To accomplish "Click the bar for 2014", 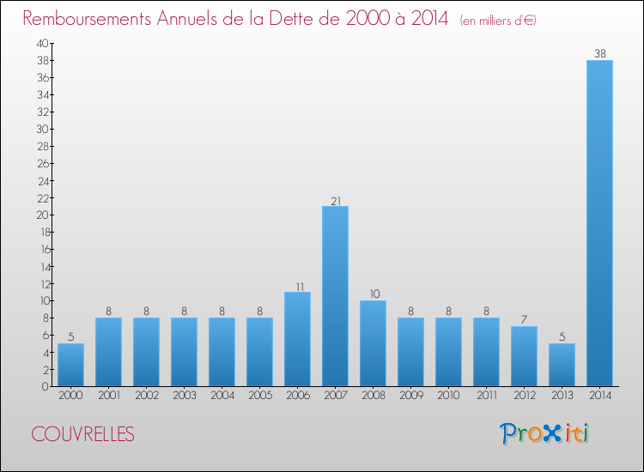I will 599,223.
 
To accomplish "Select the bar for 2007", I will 335,296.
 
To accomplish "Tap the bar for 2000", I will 70,365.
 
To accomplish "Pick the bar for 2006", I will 297,339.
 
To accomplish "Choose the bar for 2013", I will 562,365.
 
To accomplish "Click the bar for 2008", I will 373,343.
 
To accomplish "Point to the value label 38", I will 599,53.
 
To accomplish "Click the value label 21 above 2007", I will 335,201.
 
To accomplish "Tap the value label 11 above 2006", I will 297,287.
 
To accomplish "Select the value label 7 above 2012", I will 524,321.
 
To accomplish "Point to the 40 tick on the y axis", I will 42,43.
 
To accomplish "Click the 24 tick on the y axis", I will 42,180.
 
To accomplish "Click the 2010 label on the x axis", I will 448,396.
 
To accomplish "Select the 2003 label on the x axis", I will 184,396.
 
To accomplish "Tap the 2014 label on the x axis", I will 599,396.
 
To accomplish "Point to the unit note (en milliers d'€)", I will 498,20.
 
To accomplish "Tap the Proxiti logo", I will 545,433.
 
